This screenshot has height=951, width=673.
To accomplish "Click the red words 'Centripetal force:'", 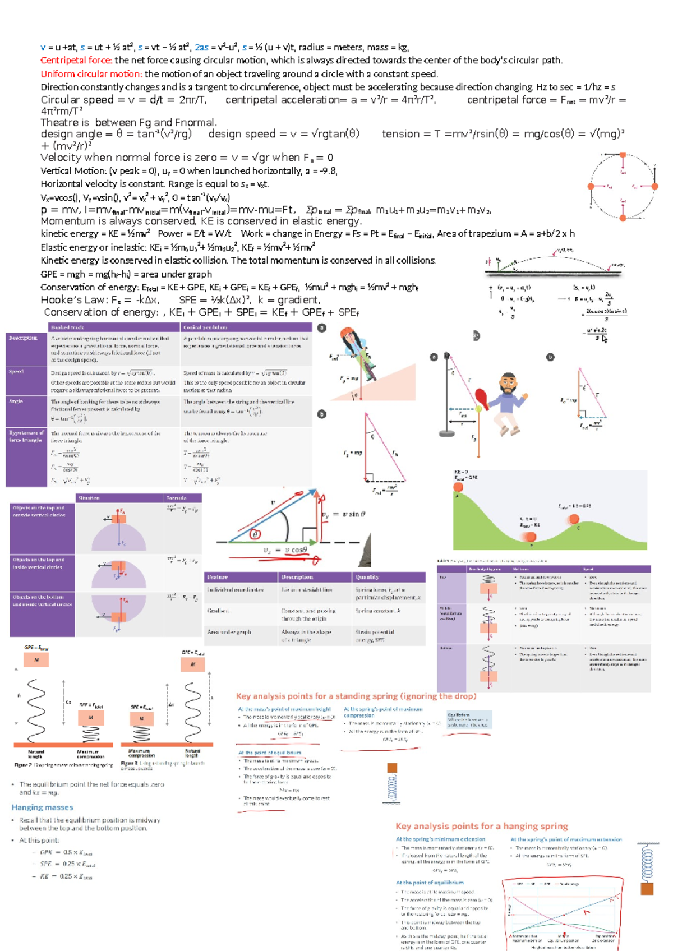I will coord(76,61).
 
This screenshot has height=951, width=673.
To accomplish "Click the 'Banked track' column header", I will coord(67,327).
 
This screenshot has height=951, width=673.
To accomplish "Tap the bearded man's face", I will coord(508,385).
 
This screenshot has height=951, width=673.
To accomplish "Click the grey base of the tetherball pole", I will coord(447,433).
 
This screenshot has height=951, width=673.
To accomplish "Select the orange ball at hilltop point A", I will coord(458,487).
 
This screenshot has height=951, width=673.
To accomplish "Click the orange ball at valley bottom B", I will coord(530,537).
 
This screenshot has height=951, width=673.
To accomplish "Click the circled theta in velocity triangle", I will coord(255,534).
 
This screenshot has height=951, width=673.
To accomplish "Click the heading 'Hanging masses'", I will coord(43,807).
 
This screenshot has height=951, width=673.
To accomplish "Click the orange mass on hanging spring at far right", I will coord(647,889).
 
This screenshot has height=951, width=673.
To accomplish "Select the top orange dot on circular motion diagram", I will coord(623,155).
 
